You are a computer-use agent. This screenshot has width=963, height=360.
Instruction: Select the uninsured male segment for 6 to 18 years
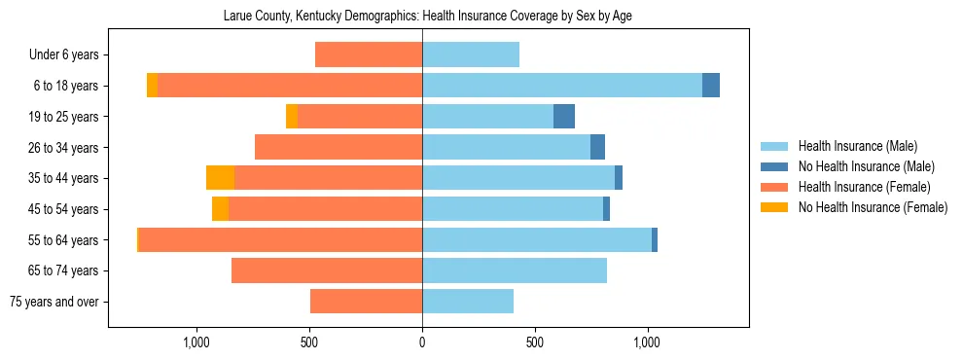(x=711, y=86)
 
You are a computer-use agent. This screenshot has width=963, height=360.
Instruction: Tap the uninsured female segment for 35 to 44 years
(x=220, y=178)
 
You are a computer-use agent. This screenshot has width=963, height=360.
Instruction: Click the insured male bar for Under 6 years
(x=471, y=54)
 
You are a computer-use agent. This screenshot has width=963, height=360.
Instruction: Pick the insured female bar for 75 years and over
(x=366, y=302)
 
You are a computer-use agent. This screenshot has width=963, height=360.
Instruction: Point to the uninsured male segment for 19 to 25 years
(x=564, y=117)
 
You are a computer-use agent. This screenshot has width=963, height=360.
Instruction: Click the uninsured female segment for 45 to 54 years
(x=220, y=209)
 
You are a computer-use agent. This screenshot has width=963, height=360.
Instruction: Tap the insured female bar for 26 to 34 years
(x=339, y=147)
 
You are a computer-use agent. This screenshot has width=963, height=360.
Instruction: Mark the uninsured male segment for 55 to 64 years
(x=655, y=240)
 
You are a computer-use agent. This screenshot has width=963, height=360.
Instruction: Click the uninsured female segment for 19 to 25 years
(x=292, y=117)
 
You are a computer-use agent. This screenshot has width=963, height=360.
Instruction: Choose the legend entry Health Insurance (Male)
(x=857, y=146)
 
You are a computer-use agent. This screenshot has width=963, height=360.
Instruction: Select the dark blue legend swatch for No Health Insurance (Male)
(x=774, y=166)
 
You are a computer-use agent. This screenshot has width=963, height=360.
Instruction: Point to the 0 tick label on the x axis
(x=422, y=342)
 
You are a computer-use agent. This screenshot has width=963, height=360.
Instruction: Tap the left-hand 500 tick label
(x=309, y=342)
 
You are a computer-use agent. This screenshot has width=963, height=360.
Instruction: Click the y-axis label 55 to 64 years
(x=63, y=240)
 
